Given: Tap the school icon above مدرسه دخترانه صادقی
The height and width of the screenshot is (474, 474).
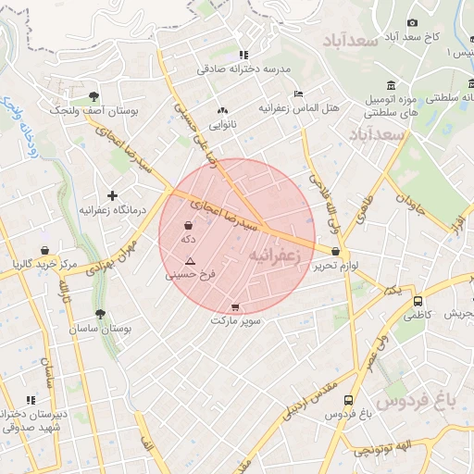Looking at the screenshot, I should coord(243,55).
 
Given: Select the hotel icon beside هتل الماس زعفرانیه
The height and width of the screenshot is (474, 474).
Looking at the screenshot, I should coord(297,94).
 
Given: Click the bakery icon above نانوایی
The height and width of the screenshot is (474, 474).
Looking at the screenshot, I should coord(222,109).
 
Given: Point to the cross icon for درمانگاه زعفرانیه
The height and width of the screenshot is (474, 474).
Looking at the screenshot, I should coord(113,195).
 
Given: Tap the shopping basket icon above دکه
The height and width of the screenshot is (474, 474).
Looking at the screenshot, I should coord(189,225).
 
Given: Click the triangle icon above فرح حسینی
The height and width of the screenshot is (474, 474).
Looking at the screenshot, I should coord(190,261).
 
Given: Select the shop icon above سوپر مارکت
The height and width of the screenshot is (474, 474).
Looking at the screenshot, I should coord(235,307).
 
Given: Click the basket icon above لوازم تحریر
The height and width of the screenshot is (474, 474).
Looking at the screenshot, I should coord(335,251).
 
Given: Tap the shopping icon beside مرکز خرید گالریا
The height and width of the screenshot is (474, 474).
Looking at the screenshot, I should coord(44,250).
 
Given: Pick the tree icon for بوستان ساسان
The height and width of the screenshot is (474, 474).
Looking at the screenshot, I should coord(100,313).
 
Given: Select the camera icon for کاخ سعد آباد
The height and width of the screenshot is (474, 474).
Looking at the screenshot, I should coord(412,22).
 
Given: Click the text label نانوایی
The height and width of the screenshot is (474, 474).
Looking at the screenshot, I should coord(222,123).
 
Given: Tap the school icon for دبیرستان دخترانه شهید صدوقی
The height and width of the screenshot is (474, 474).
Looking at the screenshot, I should coord(31,400).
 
